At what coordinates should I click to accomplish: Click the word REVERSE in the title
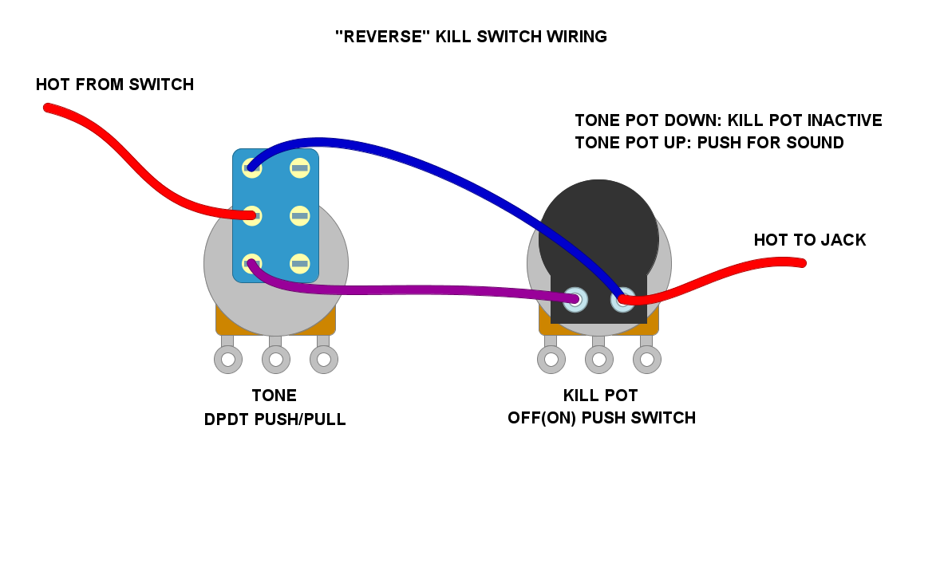click(x=382, y=37)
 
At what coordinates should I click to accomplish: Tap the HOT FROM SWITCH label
click(x=115, y=85)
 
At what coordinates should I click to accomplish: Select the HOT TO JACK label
click(x=809, y=240)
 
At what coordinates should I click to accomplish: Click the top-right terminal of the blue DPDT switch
click(x=299, y=167)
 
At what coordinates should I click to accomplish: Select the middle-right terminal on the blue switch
click(x=299, y=215)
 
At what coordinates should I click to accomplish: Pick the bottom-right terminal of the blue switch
click(x=299, y=263)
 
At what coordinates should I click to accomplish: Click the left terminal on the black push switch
click(x=575, y=300)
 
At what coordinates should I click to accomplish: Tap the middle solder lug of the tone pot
click(x=276, y=360)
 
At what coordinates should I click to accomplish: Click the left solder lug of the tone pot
click(x=228, y=360)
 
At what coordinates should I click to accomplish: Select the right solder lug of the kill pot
click(x=647, y=360)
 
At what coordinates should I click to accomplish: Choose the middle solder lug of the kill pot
click(x=599, y=360)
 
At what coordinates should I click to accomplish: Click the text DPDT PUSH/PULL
click(x=274, y=419)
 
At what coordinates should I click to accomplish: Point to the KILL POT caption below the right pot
click(x=600, y=396)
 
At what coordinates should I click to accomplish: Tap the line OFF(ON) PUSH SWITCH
click(x=601, y=418)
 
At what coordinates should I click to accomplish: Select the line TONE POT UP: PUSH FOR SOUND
click(x=709, y=144)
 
